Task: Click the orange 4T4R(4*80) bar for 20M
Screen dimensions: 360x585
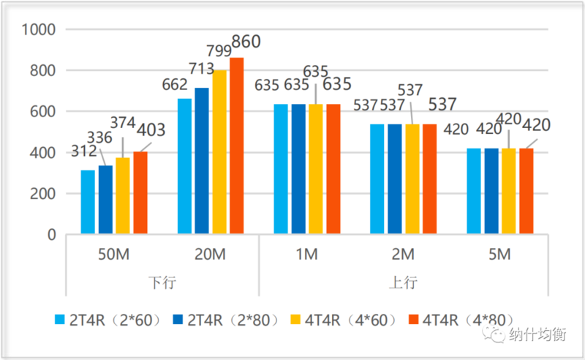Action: [236, 146]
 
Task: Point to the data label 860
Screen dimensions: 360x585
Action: [246, 42]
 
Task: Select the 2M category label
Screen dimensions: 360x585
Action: [403, 255]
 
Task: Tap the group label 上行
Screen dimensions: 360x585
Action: [403, 282]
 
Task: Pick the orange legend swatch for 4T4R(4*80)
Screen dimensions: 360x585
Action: [412, 319]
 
